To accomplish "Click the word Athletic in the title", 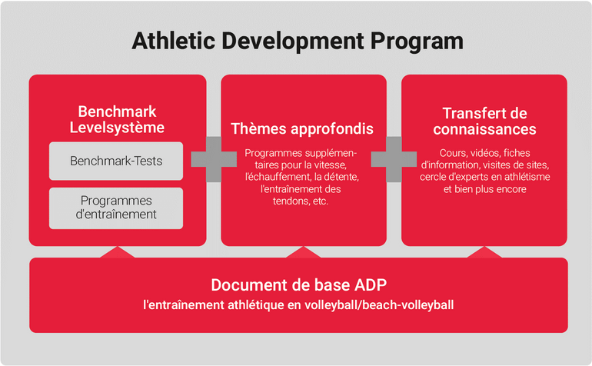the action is point(174,41).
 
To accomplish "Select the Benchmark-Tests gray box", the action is point(116,161).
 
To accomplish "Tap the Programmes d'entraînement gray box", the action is point(116,208).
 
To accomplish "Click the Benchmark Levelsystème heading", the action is point(117,119).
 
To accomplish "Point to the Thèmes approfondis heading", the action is point(302,128).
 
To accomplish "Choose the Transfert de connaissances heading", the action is point(484,121).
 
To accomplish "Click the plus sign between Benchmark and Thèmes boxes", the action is point(214,159).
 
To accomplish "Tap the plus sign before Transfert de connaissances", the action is point(394,159).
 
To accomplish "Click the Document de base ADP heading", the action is point(298,284).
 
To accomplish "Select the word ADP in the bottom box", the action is point(371,284).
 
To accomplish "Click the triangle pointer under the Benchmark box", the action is point(118,253).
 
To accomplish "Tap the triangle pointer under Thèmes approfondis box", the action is point(303,253).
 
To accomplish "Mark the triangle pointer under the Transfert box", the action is point(484,253).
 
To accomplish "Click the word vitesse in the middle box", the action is point(331,165).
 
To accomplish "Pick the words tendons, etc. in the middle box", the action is point(301,201).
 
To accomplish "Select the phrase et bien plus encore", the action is point(485,189).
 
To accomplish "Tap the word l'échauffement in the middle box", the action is point(278,177).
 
